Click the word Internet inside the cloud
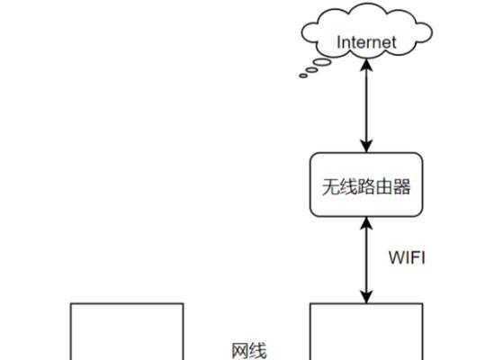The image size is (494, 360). click(366, 42)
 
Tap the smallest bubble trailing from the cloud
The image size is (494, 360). click(303, 76)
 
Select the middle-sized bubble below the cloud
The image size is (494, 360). click(311, 70)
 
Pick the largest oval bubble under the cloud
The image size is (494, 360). click(323, 62)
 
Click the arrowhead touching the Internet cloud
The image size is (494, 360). click(366, 65)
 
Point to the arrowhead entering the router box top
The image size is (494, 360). click(366, 147)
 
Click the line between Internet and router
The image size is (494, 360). click(366, 105)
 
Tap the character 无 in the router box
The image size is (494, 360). click(330, 186)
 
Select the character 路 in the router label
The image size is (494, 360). click(366, 186)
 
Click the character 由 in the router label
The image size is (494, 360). click(384, 186)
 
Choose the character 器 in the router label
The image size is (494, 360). click(401, 186)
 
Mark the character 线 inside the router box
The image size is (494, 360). click(348, 186)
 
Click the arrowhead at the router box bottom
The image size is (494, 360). click(366, 223)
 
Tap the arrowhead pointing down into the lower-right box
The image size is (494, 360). click(366, 297)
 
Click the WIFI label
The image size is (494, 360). click(407, 257)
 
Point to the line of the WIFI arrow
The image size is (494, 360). click(366, 260)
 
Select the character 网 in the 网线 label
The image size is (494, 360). click(240, 351)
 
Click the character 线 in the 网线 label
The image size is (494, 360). click(258, 351)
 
